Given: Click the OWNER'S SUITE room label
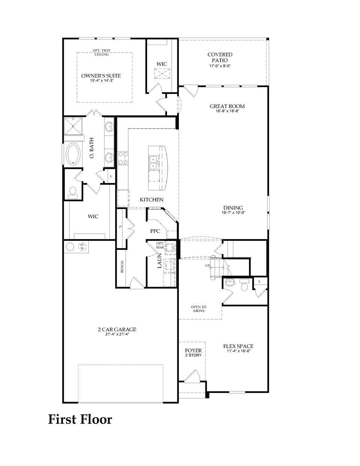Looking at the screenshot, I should click(101, 76).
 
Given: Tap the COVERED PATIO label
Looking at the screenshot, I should click(220, 57).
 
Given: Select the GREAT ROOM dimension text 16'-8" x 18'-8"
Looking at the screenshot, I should click(227, 111).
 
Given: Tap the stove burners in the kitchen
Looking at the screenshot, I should click(123, 158).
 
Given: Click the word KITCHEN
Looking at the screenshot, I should click(151, 200).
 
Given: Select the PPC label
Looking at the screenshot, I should click(155, 231).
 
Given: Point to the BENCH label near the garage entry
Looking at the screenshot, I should click(122, 267).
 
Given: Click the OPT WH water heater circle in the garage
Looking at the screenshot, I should click(82, 247).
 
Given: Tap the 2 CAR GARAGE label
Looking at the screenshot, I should click(117, 330).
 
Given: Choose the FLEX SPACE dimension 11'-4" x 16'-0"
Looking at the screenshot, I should click(238, 352).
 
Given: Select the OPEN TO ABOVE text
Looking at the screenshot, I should click(198, 309).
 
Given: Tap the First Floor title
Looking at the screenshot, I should click(80, 419).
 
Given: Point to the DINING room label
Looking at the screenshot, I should click(233, 208).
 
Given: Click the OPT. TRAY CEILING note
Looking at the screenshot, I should click(101, 52).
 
